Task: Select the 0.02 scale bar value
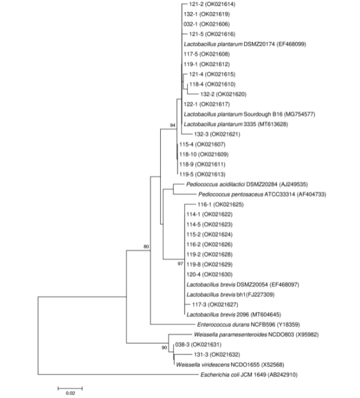click(x=70, y=393)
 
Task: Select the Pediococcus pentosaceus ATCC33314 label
click(x=261, y=194)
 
